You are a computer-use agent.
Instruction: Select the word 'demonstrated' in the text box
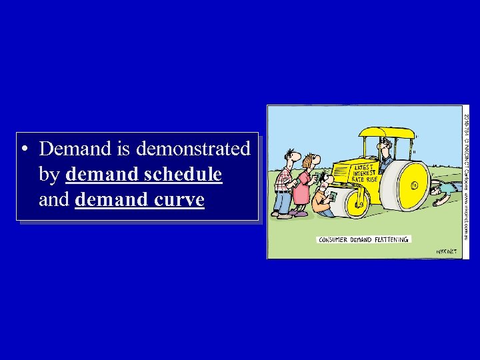[193, 148]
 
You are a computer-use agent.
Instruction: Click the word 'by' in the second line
[49, 175]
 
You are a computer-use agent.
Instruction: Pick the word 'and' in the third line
[54, 199]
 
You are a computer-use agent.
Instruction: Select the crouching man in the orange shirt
[323, 197]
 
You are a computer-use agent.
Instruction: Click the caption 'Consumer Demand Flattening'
[363, 239]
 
